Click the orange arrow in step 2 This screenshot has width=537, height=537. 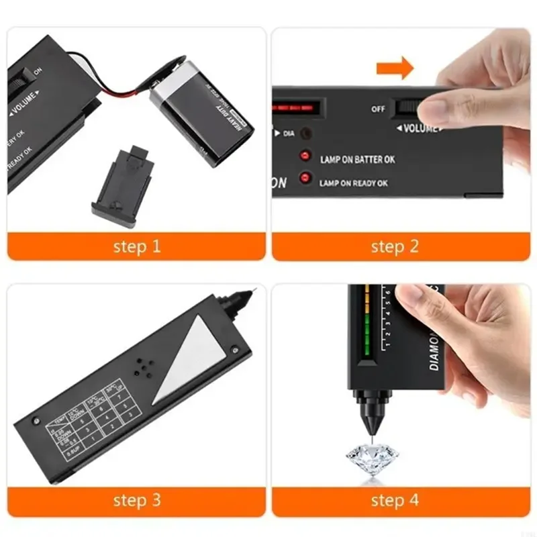coord(395,67)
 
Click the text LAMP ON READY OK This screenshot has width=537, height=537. coord(354,183)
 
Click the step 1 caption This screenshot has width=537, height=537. coord(137,246)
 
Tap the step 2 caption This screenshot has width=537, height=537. coord(395,246)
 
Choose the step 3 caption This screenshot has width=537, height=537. coord(137,500)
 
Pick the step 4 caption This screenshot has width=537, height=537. coord(395,500)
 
